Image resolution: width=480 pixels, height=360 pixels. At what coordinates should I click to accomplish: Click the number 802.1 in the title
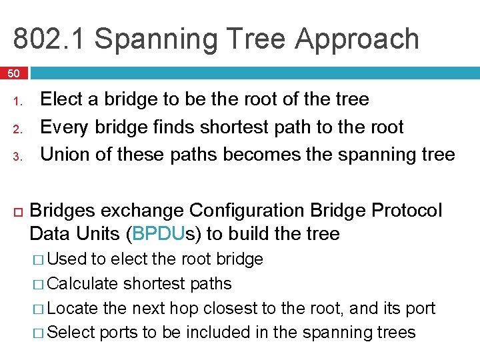coord(49,39)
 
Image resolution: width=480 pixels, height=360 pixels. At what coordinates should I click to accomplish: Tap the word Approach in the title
coord(357,39)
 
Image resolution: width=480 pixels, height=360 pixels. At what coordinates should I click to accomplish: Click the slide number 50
coord(14,73)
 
